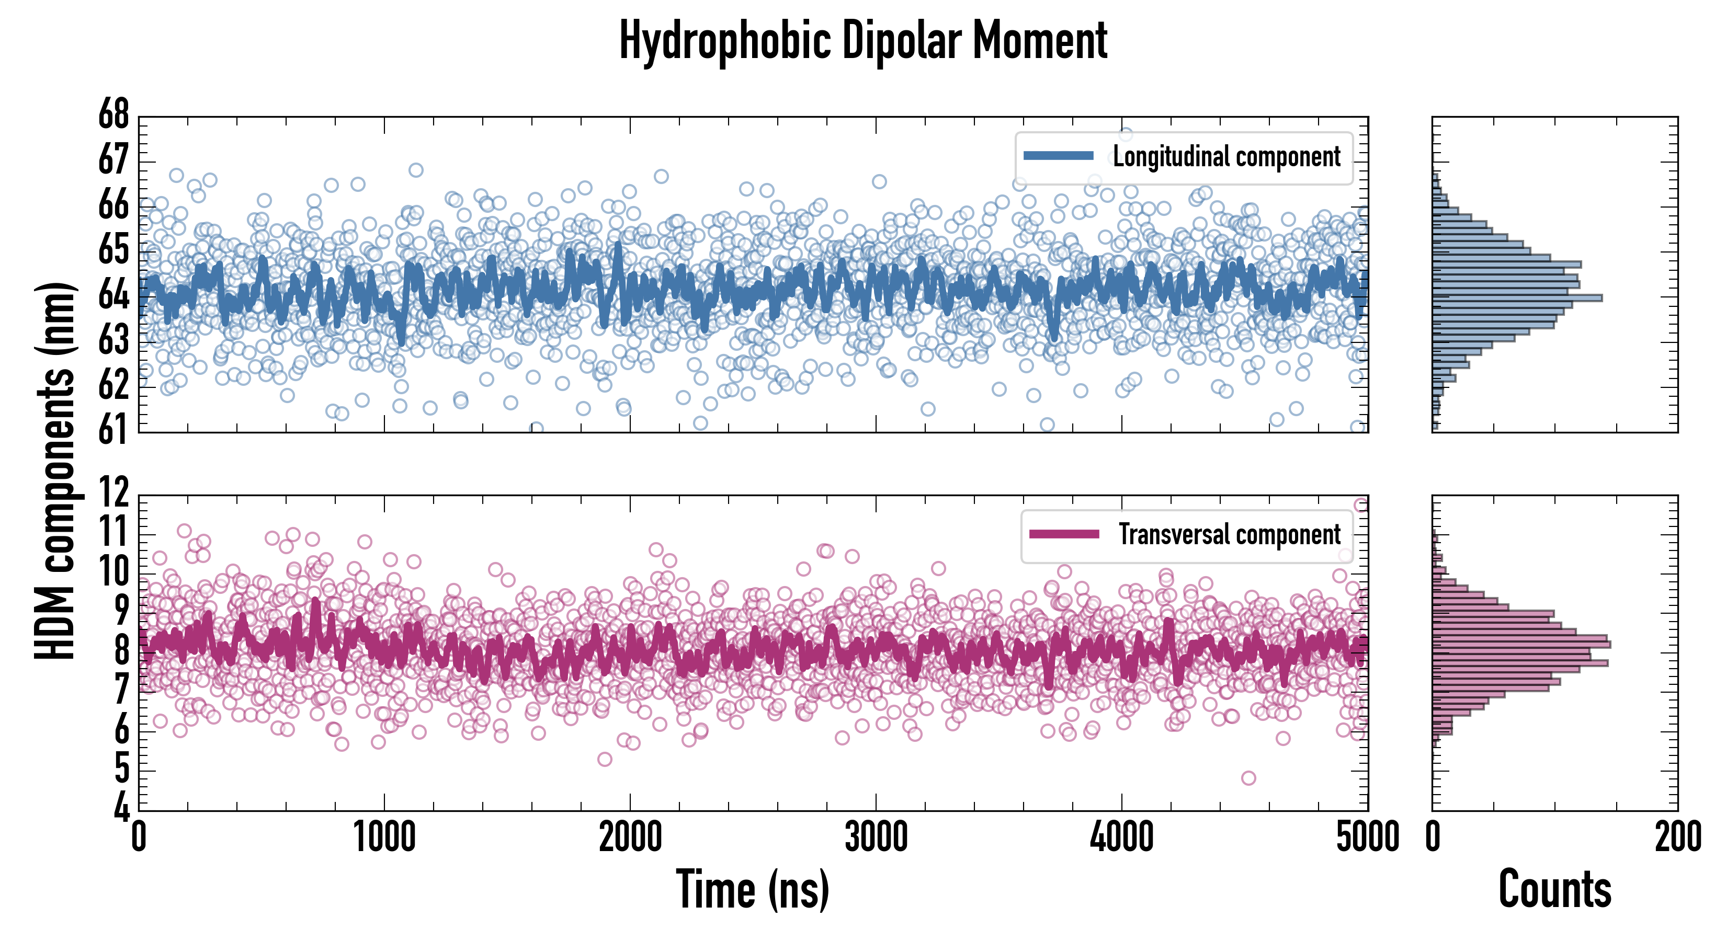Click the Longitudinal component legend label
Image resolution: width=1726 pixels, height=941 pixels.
coord(1226,157)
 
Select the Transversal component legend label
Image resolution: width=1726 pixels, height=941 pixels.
coord(1230,534)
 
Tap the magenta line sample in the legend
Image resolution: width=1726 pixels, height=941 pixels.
coord(1064,534)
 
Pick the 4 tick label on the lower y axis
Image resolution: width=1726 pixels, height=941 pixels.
coord(121,807)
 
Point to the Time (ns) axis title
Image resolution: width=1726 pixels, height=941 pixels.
coord(753,889)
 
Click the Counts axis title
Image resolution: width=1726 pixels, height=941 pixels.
coord(1554,889)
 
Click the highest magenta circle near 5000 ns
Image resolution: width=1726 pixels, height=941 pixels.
coord(1361,505)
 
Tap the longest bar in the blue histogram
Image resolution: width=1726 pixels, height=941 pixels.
coord(1517,298)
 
